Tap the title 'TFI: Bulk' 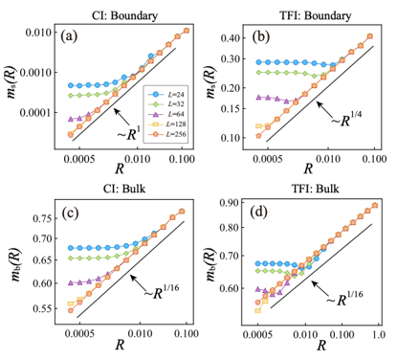pos(316,189)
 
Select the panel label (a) pos(69,36)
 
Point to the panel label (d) pos(258,213)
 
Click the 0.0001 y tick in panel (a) pos(35,112)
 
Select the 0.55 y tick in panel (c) pos(42,308)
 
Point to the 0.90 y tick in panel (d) pos(231,202)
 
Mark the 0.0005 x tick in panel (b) pos(268,159)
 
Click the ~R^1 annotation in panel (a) pos(129,134)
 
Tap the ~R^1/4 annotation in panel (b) pos(346,120)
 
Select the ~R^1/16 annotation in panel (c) pos(162,292)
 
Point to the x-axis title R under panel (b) pos(308,169)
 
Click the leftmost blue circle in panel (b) pos(258,62)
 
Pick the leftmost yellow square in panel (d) pos(257,310)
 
